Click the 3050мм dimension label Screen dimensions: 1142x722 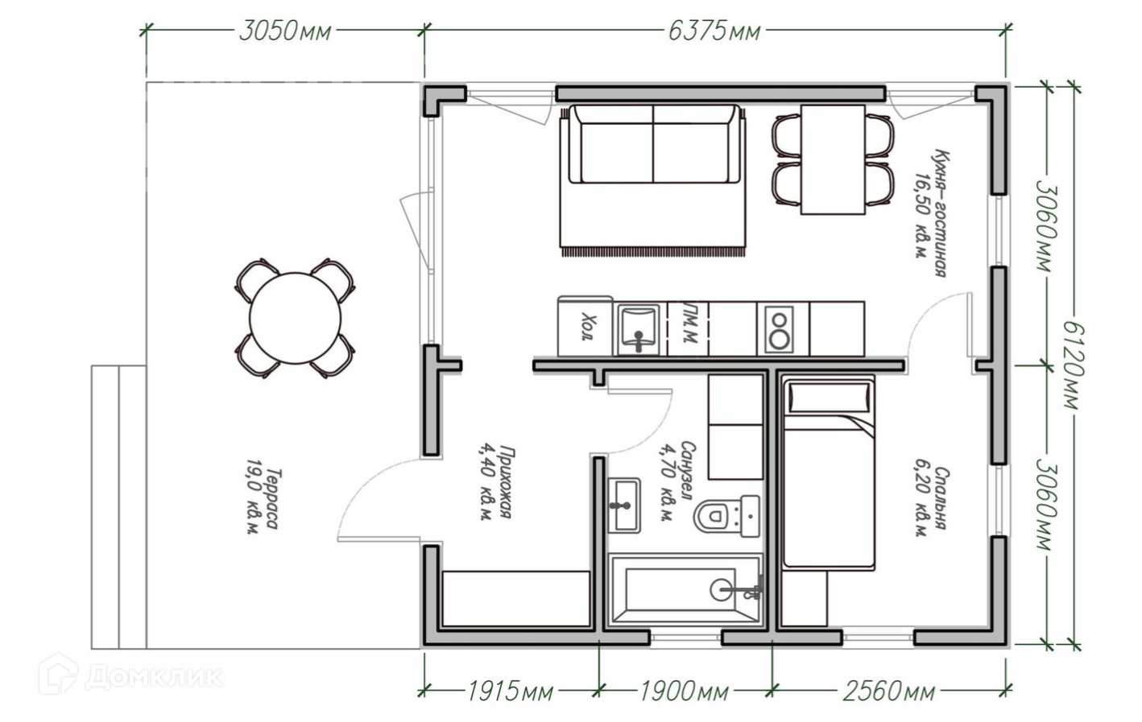click(285, 31)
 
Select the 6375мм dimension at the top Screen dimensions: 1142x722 click(714, 31)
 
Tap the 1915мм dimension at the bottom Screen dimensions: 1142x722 click(511, 691)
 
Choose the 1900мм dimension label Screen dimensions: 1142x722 click(684, 691)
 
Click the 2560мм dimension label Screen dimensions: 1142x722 click(888, 691)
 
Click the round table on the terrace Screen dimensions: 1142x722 click(296, 319)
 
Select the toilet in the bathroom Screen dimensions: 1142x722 click(726, 516)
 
